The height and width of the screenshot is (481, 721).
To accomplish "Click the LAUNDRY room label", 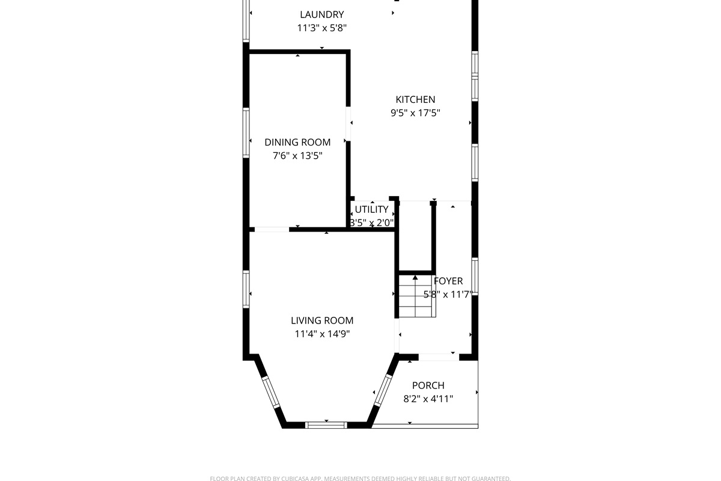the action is (322, 14).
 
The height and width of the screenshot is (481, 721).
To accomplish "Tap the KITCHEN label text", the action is (415, 99).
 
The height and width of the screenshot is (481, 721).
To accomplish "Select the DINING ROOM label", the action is (297, 142).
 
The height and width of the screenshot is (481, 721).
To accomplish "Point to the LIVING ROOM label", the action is (322, 320).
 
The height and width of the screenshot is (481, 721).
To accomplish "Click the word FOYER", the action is (448, 281).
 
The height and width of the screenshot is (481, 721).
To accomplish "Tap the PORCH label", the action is (428, 385).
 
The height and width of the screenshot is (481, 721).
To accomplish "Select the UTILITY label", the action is (372, 209).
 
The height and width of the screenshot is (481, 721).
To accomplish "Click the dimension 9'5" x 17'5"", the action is (415, 113).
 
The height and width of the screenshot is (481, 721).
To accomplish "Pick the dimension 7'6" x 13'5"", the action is (297, 156).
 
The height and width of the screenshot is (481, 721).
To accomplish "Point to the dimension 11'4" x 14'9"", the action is (322, 334).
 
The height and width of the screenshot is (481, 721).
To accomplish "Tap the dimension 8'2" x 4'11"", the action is (428, 399).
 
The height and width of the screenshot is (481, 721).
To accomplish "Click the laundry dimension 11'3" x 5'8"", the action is (322, 28).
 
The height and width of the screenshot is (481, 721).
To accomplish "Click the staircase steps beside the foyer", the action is (418, 296).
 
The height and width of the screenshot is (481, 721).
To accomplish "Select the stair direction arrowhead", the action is (415, 277).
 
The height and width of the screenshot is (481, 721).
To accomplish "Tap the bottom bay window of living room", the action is (326, 425).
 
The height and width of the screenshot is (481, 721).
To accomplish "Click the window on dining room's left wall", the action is (246, 133).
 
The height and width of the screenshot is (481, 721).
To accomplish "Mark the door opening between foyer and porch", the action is (439, 357).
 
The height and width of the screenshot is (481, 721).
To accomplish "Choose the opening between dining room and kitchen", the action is (348, 124).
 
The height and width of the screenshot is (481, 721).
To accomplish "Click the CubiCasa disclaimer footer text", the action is (360, 479).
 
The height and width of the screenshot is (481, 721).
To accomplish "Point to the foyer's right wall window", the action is (475, 277).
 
